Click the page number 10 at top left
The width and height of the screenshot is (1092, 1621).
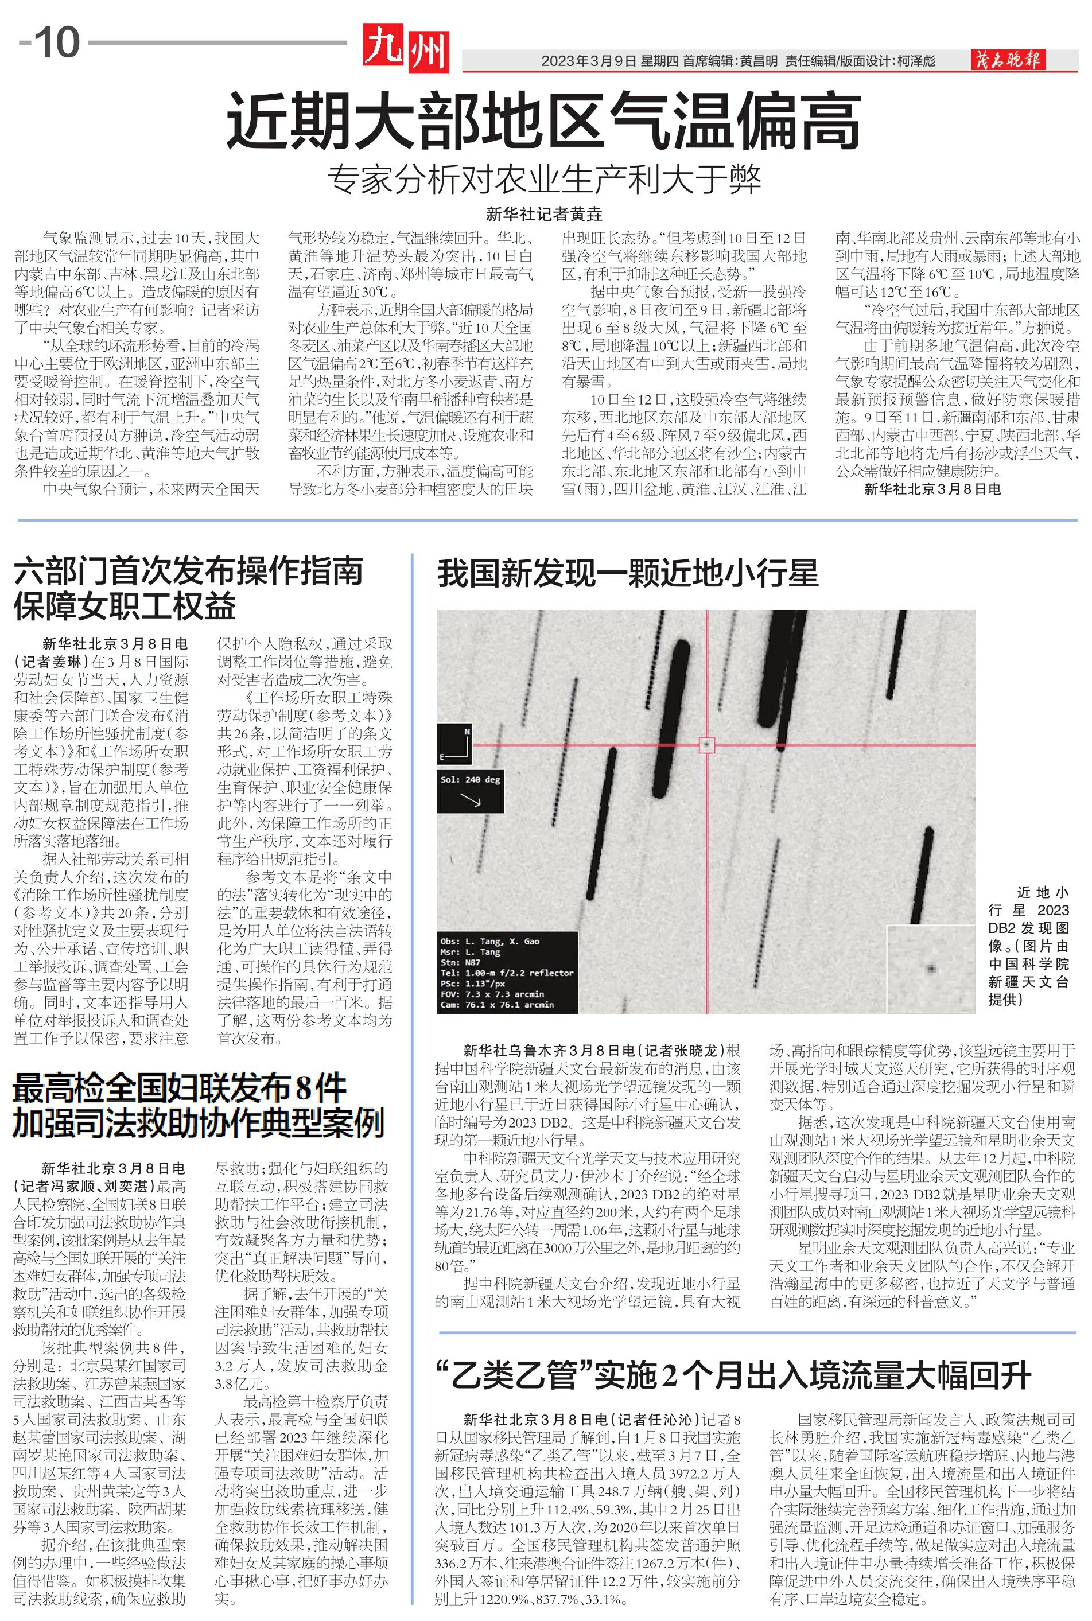[56, 43]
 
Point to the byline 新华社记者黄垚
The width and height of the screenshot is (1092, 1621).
[544, 214]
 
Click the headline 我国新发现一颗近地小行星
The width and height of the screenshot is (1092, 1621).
[627, 574]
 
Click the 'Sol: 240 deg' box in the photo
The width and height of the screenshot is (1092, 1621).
[471, 791]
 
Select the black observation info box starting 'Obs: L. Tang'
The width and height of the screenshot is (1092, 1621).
[508, 972]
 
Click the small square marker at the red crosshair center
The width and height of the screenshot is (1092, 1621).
[707, 745]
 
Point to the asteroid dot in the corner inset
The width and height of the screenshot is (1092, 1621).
[931, 969]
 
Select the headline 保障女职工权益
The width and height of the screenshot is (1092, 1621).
[125, 607]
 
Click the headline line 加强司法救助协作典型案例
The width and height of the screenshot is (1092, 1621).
[199, 1122]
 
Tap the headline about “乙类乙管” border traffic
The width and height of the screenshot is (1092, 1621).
[733, 1375]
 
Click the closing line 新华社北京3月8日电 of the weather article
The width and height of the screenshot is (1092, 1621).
[932, 489]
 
